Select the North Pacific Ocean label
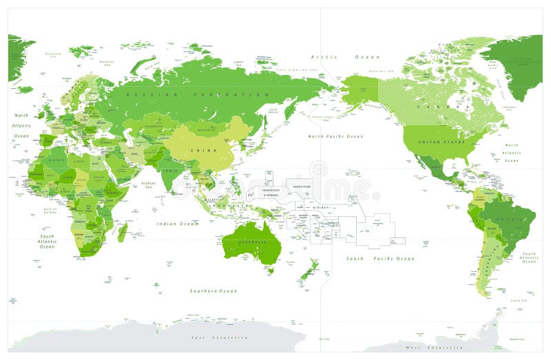pos(335,136)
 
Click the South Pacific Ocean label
pos(380,259)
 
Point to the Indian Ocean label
pos(177,224)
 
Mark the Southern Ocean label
pos(214,291)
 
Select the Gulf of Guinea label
pos(49,209)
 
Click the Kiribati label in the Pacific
pos(321,207)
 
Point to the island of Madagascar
pos(122,232)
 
